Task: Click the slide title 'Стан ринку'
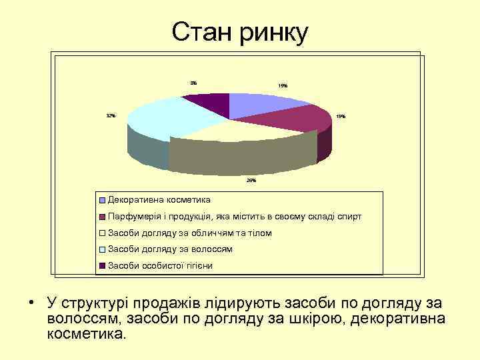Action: pos(240,31)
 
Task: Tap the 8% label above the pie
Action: pos(193,83)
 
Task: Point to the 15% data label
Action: pos(283,86)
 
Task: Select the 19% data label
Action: pos(341,117)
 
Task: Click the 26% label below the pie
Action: pos(251,180)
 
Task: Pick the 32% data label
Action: pos(111,116)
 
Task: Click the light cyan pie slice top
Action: pos(167,117)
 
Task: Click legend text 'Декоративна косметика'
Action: pos(159,200)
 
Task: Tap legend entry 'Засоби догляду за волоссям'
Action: pos(170,249)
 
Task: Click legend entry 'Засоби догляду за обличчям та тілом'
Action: pos(189,233)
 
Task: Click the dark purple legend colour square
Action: pos(102,266)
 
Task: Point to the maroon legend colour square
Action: pos(102,217)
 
